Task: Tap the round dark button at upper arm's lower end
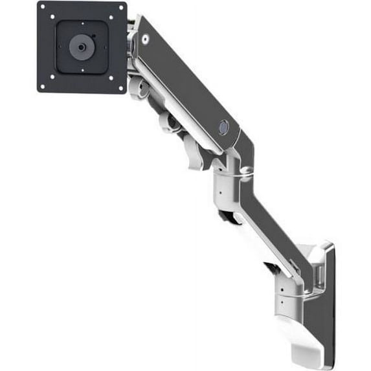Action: tap(223, 128)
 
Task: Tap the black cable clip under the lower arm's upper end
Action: tap(228, 217)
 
